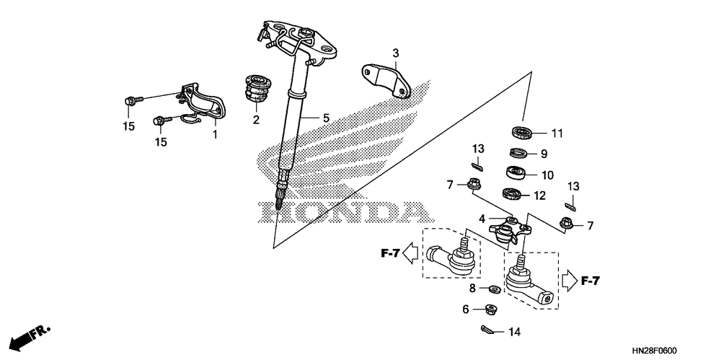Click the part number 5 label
(x=326, y=118)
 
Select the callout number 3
(x=396, y=53)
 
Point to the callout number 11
(x=556, y=133)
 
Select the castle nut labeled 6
(x=493, y=310)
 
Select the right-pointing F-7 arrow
(x=570, y=280)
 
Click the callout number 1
(x=214, y=134)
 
